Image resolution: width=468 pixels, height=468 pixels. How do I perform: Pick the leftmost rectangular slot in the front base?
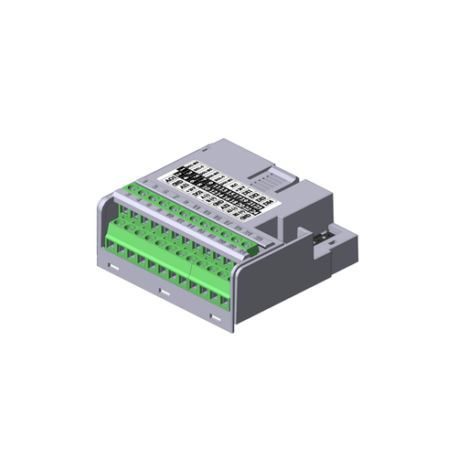point(112,266)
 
